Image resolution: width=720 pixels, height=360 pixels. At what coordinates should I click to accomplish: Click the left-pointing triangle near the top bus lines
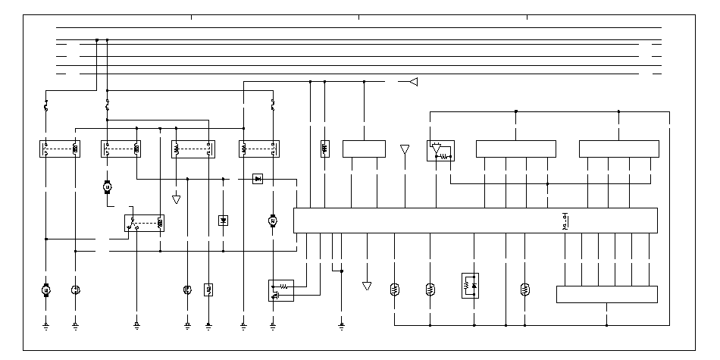(x=413, y=82)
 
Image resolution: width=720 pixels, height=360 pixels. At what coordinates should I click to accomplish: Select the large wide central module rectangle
(x=475, y=221)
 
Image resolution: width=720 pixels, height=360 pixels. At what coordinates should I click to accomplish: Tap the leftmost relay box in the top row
(x=61, y=149)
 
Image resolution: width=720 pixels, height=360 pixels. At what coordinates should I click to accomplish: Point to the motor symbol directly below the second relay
(x=107, y=186)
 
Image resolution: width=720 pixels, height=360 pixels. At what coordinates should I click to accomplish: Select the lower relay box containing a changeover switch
(x=145, y=223)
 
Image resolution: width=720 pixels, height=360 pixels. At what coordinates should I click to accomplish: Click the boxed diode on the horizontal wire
(x=258, y=179)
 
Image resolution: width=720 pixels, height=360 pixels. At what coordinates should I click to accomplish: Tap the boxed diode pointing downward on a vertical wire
(x=223, y=220)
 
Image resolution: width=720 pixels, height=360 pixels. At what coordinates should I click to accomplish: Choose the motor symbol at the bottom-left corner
(x=46, y=290)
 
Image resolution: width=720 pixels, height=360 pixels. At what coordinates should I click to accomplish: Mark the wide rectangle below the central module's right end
(x=607, y=294)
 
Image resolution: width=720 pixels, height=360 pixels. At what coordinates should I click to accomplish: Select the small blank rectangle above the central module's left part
(x=365, y=149)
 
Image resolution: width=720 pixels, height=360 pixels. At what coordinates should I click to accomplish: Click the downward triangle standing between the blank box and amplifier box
(x=405, y=150)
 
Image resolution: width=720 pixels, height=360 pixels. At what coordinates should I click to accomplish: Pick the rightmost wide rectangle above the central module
(x=619, y=149)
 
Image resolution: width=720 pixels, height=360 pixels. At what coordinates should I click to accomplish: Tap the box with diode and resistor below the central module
(x=470, y=286)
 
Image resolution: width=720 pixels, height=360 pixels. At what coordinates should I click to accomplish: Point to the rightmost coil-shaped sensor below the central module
(x=524, y=289)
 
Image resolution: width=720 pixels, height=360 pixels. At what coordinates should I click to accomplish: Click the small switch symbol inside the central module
(x=565, y=221)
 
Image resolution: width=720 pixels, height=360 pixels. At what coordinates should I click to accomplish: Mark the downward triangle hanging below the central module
(x=367, y=286)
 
